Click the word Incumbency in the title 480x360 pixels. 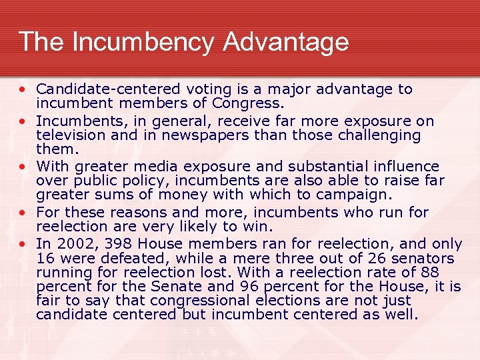click(x=143, y=42)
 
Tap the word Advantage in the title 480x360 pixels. click(x=286, y=42)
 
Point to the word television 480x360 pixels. click(x=69, y=135)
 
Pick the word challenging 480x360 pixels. click(x=373, y=135)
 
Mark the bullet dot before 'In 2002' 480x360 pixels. click(x=22, y=243)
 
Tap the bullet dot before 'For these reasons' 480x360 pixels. click(x=22, y=212)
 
